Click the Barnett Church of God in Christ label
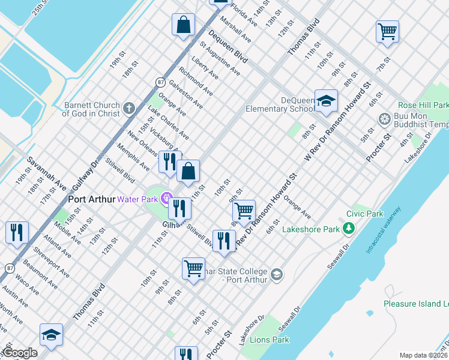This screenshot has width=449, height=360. (x=91, y=109)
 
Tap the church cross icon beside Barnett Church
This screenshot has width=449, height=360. (x=128, y=109)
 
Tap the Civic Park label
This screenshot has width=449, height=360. (x=364, y=214)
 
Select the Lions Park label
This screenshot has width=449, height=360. (x=273, y=340)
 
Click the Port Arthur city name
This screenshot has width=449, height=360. (x=91, y=199)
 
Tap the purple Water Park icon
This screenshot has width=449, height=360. (x=167, y=199)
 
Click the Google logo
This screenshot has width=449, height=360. (x=20, y=353)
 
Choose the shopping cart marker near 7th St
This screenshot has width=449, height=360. (x=387, y=31)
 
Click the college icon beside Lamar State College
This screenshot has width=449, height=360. (x=276, y=275)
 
